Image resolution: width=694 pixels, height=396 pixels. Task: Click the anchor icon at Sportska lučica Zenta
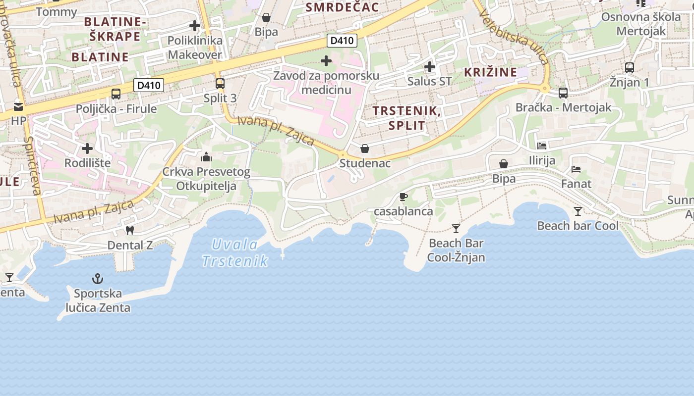pyautogui.click(x=98, y=279)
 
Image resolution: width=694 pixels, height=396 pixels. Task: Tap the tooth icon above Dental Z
pyautogui.click(x=130, y=230)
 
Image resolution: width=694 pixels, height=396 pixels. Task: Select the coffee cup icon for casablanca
pyautogui.click(x=404, y=197)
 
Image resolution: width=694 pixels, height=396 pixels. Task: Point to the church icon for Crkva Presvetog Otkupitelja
pyautogui.click(x=206, y=157)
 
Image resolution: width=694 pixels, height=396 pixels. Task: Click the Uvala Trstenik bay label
pyautogui.click(x=235, y=252)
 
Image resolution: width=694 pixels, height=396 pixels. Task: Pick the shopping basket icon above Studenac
pyautogui.click(x=365, y=148)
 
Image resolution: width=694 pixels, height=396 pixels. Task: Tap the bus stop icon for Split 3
pyautogui.click(x=220, y=83)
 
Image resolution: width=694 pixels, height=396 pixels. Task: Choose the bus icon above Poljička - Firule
pyautogui.click(x=116, y=94)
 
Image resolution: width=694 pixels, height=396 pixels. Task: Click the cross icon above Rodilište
pyautogui.click(x=87, y=148)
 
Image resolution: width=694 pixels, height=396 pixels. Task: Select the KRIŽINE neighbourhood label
pyautogui.click(x=490, y=72)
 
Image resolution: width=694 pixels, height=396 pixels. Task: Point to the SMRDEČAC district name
pyautogui.click(x=342, y=7)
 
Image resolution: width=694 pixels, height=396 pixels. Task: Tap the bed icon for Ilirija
pyautogui.click(x=542, y=146)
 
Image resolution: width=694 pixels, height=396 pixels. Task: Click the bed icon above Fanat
pyautogui.click(x=576, y=169)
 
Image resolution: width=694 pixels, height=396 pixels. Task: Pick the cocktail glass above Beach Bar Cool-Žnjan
pyautogui.click(x=456, y=228)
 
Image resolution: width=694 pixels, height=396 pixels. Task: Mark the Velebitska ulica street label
pyautogui.click(x=515, y=37)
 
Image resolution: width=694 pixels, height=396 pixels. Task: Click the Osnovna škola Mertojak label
pyautogui.click(x=641, y=24)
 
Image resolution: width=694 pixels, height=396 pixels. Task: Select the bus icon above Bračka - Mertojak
pyautogui.click(x=563, y=93)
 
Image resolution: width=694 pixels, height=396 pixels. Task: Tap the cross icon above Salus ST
pyautogui.click(x=430, y=66)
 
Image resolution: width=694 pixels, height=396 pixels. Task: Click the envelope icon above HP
pyautogui.click(x=18, y=106)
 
